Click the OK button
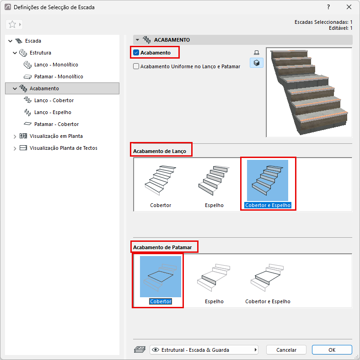pos(332,349)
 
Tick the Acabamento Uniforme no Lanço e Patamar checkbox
pos(136,66)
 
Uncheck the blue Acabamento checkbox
pos(136,53)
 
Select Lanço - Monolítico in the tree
pos(56,65)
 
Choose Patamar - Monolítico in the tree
pos(59,76)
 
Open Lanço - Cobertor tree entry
pos(54,100)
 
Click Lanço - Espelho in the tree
pos(53,112)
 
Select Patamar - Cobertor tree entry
pos(56,124)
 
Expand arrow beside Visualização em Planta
pos(15,136)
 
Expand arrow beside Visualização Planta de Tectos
pos(15,148)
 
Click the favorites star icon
pos(12,24)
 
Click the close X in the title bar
pos(349,7)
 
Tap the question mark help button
pos(328,7)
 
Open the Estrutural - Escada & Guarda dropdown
pos(204,349)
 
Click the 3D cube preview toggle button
pos(257,63)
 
